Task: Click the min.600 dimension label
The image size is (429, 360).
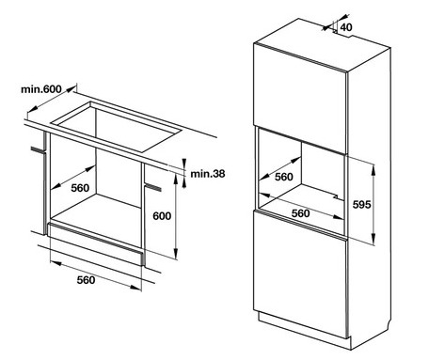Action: (x=42, y=89)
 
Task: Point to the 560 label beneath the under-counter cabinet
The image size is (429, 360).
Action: (x=86, y=280)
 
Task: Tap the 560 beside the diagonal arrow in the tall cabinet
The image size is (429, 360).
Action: (x=284, y=175)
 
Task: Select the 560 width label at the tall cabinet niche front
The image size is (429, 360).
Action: (x=301, y=213)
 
